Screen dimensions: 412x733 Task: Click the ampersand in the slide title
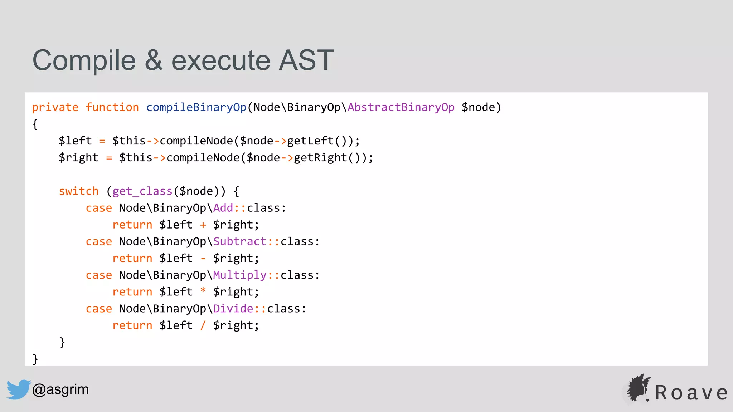154,60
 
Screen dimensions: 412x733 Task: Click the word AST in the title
306,60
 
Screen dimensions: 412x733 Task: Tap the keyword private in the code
55,107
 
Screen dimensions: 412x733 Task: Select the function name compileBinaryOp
196,107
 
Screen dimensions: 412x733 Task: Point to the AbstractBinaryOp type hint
401,107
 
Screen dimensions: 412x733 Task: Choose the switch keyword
79,191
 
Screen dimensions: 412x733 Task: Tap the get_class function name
142,191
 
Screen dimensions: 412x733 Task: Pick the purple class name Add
223,208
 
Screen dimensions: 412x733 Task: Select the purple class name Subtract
240,242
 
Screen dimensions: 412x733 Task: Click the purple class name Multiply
240,275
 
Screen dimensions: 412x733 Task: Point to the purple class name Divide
233,309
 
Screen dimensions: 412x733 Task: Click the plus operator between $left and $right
203,225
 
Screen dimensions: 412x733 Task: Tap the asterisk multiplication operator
203,291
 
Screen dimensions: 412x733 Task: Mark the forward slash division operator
203,325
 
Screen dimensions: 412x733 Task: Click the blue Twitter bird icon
18,389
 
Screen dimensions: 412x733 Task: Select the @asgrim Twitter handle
60,389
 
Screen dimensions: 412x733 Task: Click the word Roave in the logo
691,393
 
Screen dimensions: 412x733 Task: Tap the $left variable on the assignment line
75,141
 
